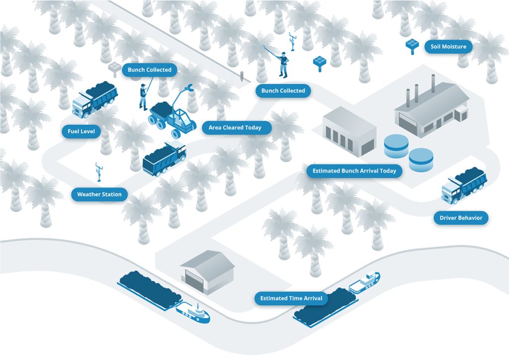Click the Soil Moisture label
pyautogui.click(x=448, y=47)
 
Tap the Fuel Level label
pyautogui.click(x=82, y=132)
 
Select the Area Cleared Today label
pyautogui.click(x=235, y=128)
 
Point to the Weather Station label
pyautogui.click(x=99, y=194)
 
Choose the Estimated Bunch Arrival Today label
pyautogui.click(x=354, y=171)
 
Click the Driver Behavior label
pyautogui.click(x=461, y=218)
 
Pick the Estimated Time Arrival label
pyautogui.click(x=291, y=298)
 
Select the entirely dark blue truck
pyautogui.click(x=164, y=158)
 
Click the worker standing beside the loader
pyautogui.click(x=144, y=95)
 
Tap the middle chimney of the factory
pyautogui.click(x=417, y=93)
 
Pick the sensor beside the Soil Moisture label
pyautogui.click(x=412, y=45)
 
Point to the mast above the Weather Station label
pyautogui.click(x=98, y=172)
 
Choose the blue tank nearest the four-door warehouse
pyautogui.click(x=396, y=145)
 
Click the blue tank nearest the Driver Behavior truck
pyautogui.click(x=421, y=159)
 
